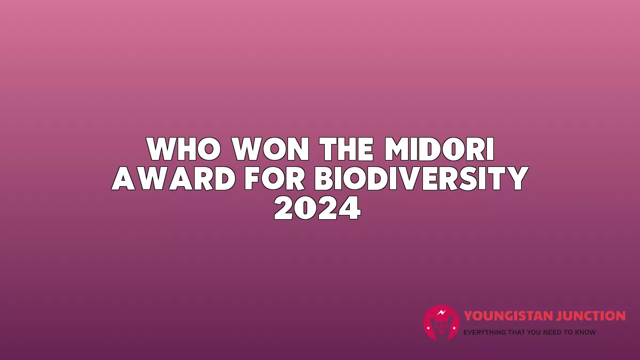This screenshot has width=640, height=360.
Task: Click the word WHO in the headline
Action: (184, 149)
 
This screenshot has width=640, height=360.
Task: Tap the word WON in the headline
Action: (270, 149)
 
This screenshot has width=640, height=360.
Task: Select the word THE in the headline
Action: (347, 149)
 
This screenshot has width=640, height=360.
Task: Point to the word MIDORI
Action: (439, 149)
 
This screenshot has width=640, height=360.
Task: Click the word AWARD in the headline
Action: (173, 178)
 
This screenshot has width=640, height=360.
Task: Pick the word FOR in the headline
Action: (275, 178)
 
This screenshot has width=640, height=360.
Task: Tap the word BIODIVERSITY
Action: (421, 178)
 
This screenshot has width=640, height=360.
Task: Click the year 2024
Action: (317, 207)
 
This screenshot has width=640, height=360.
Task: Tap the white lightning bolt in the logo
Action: (441, 313)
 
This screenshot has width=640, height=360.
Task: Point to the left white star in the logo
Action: (428, 328)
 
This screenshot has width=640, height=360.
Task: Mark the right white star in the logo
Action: (454, 328)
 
